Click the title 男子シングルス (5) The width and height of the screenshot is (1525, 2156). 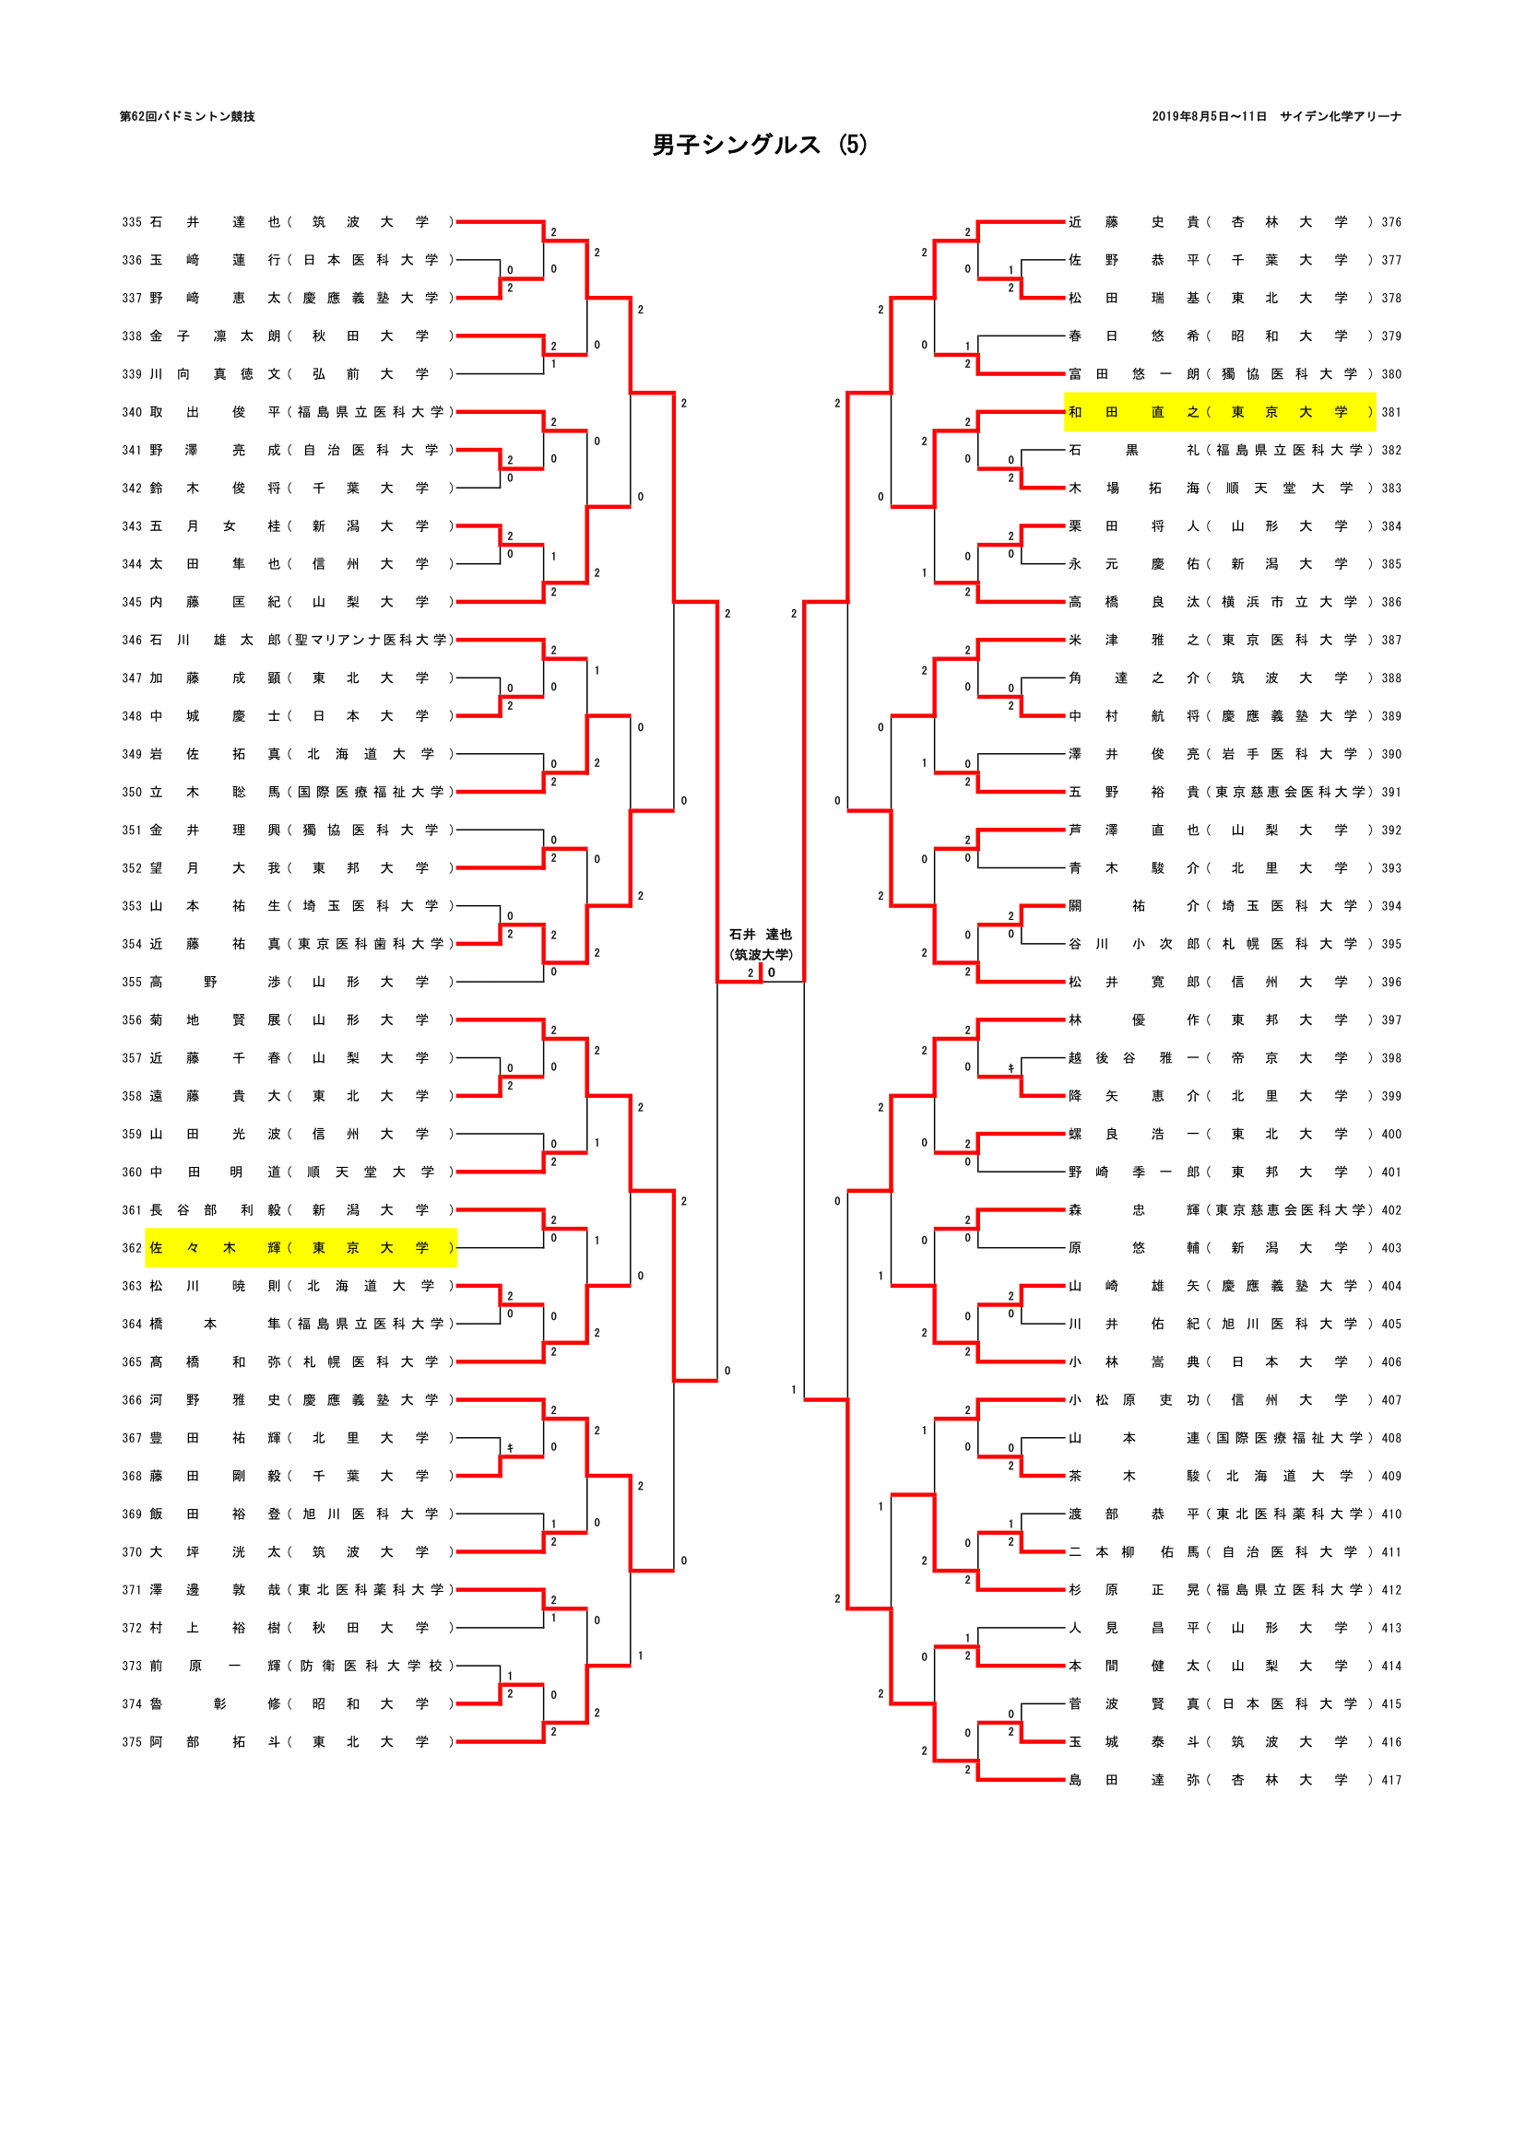coord(760,145)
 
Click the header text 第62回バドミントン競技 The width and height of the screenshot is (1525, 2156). coord(187,116)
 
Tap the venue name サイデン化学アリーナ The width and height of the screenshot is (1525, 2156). coord(1340,116)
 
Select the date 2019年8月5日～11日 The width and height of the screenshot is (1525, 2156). coord(1209,116)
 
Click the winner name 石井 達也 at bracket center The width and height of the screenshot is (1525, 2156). coord(761,935)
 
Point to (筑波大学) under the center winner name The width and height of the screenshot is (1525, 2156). coord(761,954)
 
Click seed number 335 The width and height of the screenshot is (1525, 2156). coord(132,222)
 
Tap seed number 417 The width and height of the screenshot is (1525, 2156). coord(1390,1779)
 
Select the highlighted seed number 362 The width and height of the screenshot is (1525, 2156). coord(132,1248)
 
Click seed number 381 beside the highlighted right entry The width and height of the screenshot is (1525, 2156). coord(1390,412)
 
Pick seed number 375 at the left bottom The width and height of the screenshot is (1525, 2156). coord(132,1742)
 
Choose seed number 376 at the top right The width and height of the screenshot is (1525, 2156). coord(1390,222)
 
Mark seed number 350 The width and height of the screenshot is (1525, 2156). coord(132,793)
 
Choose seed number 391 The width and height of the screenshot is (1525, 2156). coord(1390,793)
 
